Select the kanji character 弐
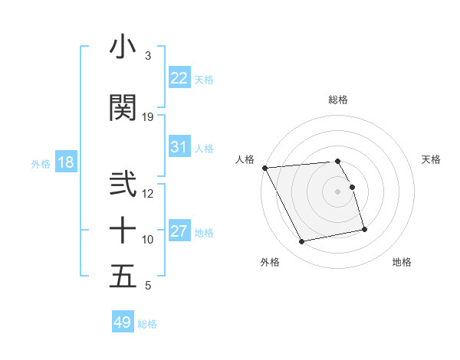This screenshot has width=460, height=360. click(123, 185)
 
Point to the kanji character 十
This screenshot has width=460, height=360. click(123, 230)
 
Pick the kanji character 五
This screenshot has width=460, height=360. click(123, 277)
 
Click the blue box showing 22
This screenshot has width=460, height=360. click(179, 78)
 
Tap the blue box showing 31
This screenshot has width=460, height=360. click(179, 147)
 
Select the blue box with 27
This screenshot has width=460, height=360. click(179, 231)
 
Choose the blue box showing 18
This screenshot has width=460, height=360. click(65, 163)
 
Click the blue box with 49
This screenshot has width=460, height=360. click(123, 322)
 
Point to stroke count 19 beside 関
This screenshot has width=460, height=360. click(148, 117)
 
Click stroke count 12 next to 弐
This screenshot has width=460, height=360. click(148, 193)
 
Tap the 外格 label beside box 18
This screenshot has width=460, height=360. click(40, 164)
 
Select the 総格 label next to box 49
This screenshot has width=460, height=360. click(147, 324)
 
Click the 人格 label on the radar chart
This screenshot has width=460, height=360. click(246, 159)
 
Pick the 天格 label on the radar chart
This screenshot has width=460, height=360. click(431, 159)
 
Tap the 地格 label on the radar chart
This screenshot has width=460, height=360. click(402, 262)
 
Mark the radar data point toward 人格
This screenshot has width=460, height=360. click(264, 168)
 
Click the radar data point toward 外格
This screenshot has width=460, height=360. click(302, 242)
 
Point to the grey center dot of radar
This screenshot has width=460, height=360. click(337, 191)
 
